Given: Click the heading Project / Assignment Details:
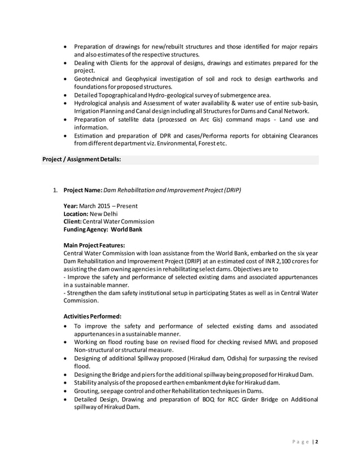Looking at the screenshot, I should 82,160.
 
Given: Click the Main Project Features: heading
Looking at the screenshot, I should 94,245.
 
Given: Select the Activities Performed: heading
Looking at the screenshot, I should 92,316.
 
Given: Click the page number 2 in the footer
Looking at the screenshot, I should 317,442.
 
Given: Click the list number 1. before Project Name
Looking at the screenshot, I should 56,190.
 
